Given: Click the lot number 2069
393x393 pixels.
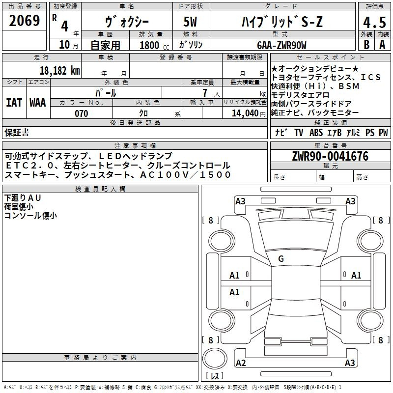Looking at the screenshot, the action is [x=24, y=21].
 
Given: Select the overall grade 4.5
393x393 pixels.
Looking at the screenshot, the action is [x=374, y=22].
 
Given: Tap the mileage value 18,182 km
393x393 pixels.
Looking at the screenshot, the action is [x=60, y=71].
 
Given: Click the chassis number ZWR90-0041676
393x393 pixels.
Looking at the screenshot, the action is [x=330, y=156].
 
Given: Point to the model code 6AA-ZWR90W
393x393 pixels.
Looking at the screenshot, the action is [x=281, y=45].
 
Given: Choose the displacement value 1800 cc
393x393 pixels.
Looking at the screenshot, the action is [x=154, y=45].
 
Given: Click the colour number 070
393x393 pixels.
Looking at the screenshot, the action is [x=82, y=113].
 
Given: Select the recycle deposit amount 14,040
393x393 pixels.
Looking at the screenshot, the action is [x=245, y=113].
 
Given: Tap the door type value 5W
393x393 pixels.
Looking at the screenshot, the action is [x=190, y=22].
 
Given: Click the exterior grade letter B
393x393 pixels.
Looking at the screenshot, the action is [x=366, y=45].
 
